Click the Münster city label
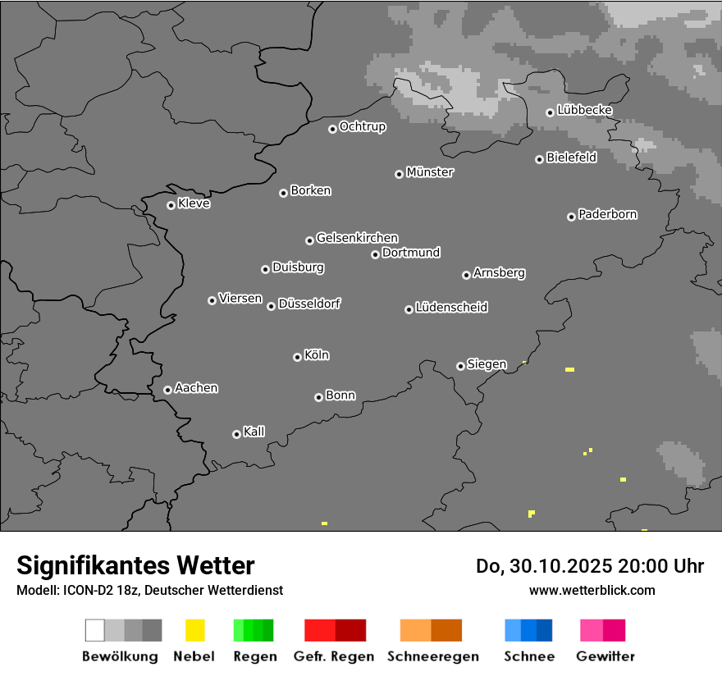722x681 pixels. click(430, 172)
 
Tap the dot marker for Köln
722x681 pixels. click(297, 357)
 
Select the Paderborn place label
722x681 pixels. click(608, 214)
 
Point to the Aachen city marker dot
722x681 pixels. click(167, 390)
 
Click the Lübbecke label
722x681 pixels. click(585, 110)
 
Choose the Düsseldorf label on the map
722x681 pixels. click(309, 304)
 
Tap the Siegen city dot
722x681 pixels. click(460, 366)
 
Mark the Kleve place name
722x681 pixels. click(194, 203)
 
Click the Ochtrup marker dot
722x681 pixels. click(332, 129)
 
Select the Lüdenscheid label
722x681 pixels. click(451, 308)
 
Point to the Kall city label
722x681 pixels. click(254, 432)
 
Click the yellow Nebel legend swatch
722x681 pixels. click(194, 630)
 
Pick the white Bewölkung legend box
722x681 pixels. click(95, 630)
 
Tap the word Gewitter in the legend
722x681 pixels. click(605, 656)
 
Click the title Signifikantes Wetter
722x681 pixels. click(135, 565)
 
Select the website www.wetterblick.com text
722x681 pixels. click(592, 590)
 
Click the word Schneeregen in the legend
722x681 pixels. click(433, 656)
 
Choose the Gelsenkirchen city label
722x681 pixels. click(357, 238)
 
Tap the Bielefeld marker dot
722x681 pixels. click(540, 159)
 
